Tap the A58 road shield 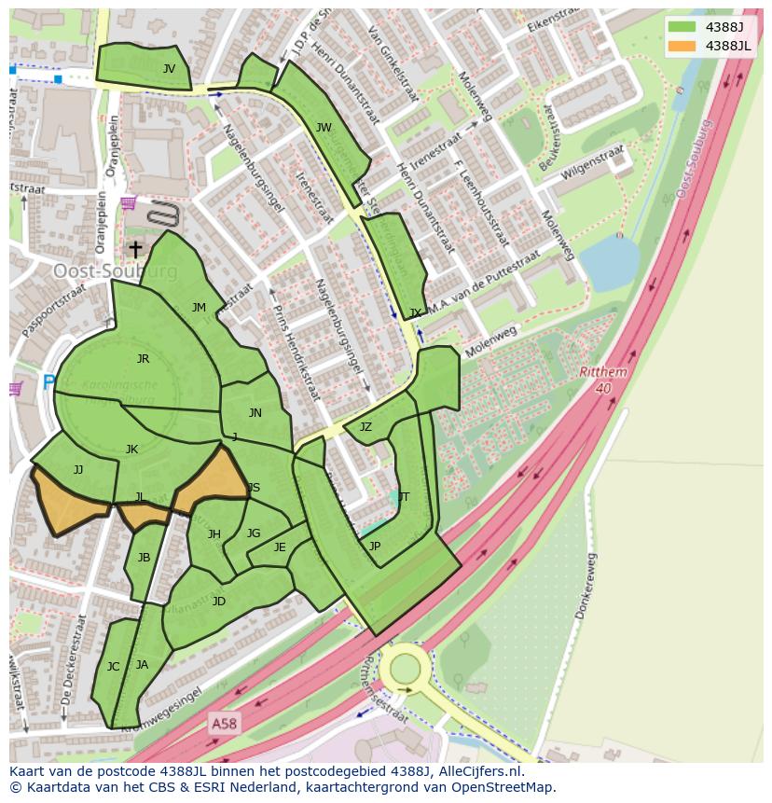pyautogui.click(x=223, y=723)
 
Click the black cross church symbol pyautogui.click(x=135, y=249)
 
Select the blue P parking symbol pyautogui.click(x=48, y=381)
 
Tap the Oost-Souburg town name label pyautogui.click(x=115, y=270)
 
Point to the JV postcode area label pyautogui.click(x=169, y=68)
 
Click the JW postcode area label pyautogui.click(x=324, y=128)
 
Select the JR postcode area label pyautogui.click(x=143, y=358)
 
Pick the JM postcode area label pyautogui.click(x=199, y=307)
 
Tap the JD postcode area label pyautogui.click(x=218, y=601)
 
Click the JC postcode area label pyautogui.click(x=113, y=666)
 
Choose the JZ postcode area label pyautogui.click(x=365, y=427)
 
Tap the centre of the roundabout pyautogui.click(x=406, y=668)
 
